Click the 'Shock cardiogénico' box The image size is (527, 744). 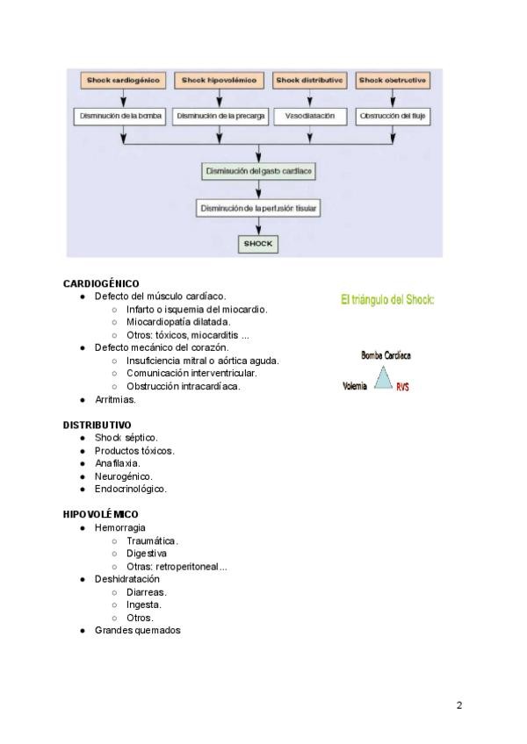click(123, 80)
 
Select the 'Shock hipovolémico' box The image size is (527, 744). click(220, 80)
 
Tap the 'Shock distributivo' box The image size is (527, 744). click(310, 80)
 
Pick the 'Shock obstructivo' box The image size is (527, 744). click(393, 80)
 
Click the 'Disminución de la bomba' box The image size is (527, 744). click(123, 115)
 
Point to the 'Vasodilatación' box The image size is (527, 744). click(310, 115)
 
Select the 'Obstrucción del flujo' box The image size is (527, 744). click(393, 115)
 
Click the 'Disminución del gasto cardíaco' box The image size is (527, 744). click(258, 171)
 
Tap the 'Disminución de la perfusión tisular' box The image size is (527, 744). click(258, 209)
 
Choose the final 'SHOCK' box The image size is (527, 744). click(258, 244)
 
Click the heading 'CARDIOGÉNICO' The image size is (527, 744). click(101, 284)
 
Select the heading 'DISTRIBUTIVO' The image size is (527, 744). click(97, 425)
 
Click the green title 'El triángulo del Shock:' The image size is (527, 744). click(387, 300)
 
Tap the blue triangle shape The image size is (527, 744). click(383, 379)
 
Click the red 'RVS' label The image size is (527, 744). click(402, 387)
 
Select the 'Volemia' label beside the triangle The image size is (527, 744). click(355, 385)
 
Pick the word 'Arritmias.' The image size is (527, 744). click(115, 399)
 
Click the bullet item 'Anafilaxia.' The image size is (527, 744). click(118, 463)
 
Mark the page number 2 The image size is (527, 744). click(459, 705)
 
